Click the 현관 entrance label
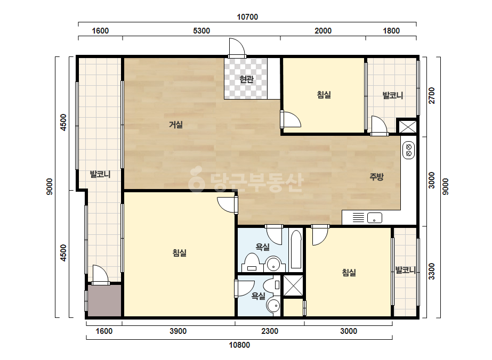coord(246,79)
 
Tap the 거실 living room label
coord(176,125)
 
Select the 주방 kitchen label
coord(376,177)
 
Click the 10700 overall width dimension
coord(247,17)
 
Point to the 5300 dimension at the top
coord(201,31)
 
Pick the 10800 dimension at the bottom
coord(239,345)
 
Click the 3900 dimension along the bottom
coord(178,331)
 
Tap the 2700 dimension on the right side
coord(432,95)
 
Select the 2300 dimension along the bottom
coord(270,331)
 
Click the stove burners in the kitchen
coord(408,150)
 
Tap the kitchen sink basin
coord(375,218)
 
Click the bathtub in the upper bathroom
coord(296,250)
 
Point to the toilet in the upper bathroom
coord(252,262)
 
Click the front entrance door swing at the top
coord(237,48)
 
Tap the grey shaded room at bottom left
coord(104,301)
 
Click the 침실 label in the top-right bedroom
coord(324,94)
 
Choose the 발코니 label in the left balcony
coord(100,174)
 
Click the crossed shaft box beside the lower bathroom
coord(293,285)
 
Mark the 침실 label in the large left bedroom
coord(180,252)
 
